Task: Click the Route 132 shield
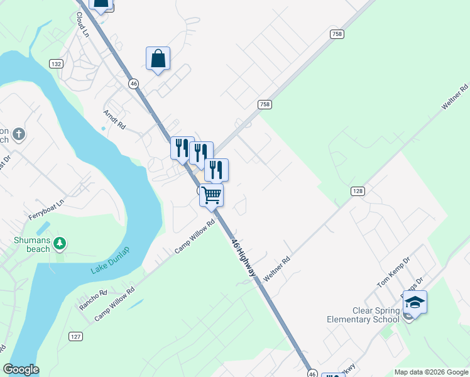(x=56, y=64)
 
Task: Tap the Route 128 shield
(x=357, y=190)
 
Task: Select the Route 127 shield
(x=75, y=336)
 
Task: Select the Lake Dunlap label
(x=110, y=261)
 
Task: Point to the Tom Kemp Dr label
(x=393, y=272)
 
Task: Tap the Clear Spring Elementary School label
(x=363, y=315)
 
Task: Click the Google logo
(x=21, y=369)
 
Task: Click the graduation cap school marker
(x=415, y=303)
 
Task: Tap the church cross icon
(x=19, y=134)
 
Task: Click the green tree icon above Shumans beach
(x=60, y=243)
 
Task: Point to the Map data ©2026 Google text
(x=431, y=372)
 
